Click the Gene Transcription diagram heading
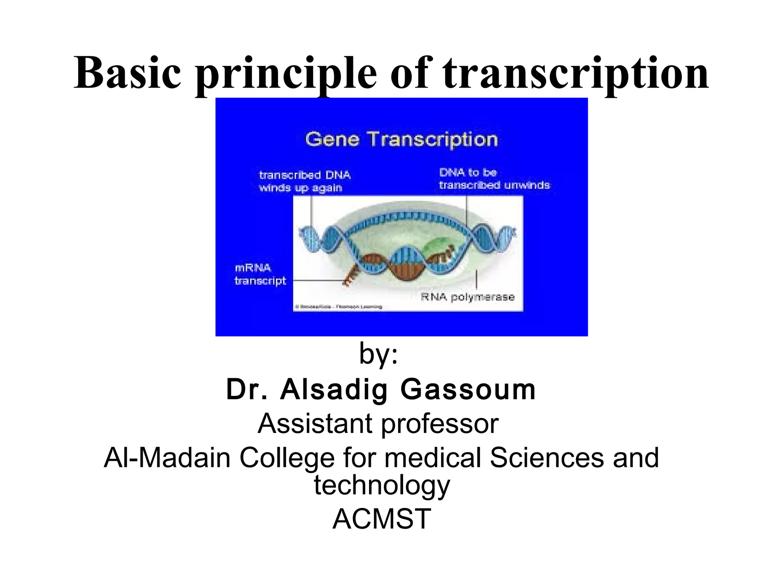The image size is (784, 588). click(401, 139)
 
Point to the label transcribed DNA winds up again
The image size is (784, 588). click(305, 181)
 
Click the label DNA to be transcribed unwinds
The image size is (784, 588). click(494, 179)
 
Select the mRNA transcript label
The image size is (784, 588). click(260, 274)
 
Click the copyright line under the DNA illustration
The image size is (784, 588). click(338, 307)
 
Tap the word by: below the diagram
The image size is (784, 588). click(378, 354)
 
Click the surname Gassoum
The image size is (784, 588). click(467, 389)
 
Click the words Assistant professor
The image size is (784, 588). click(378, 423)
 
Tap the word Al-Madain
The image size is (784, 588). click(167, 458)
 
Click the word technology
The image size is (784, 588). click(382, 485)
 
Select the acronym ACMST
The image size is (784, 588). click(382, 519)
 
